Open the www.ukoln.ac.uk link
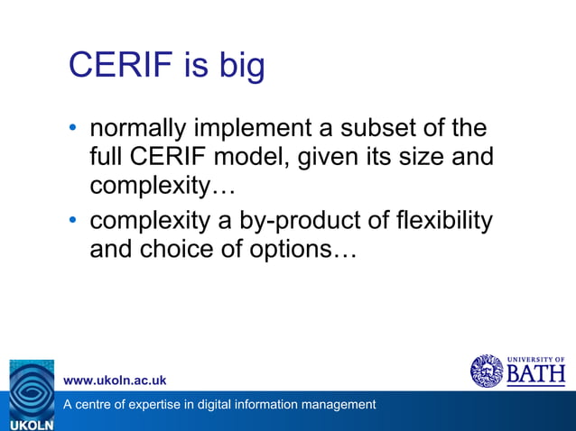(x=114, y=381)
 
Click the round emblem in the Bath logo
(x=487, y=371)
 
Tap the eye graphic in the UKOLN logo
(x=32, y=388)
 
